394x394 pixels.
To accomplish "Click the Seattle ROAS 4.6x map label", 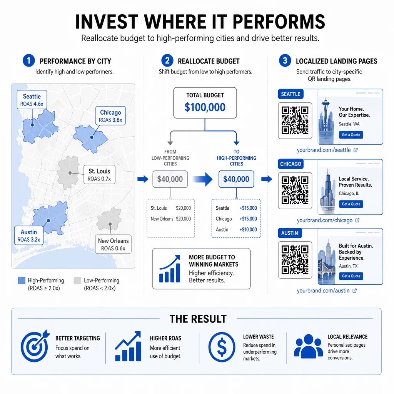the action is (32, 100).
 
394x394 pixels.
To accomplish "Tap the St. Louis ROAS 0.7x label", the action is (99, 175).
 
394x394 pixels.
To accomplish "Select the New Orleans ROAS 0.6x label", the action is (114, 244).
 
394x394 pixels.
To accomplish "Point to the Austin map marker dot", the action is (48, 220).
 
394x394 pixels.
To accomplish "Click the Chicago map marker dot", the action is (92, 137).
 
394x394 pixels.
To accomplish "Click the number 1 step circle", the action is (28, 61).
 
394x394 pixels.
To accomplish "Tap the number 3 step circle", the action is (285, 61).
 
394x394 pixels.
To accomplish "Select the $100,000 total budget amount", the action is (205, 107).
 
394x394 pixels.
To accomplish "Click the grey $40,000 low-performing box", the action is (170, 179).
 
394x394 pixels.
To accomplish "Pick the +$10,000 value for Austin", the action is (248, 230).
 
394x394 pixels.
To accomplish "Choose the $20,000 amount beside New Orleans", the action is (184, 219).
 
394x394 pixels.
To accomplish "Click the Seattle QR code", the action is (295, 120).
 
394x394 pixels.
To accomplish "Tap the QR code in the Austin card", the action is (295, 260).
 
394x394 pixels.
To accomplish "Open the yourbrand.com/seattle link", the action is (324, 150).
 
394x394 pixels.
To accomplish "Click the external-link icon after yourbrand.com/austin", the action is (354, 291).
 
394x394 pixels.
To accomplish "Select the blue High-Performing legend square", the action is (22, 280).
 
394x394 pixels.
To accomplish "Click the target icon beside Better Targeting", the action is (35, 346).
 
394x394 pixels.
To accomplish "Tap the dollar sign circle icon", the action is (222, 347).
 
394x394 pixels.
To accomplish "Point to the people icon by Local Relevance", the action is (308, 346).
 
